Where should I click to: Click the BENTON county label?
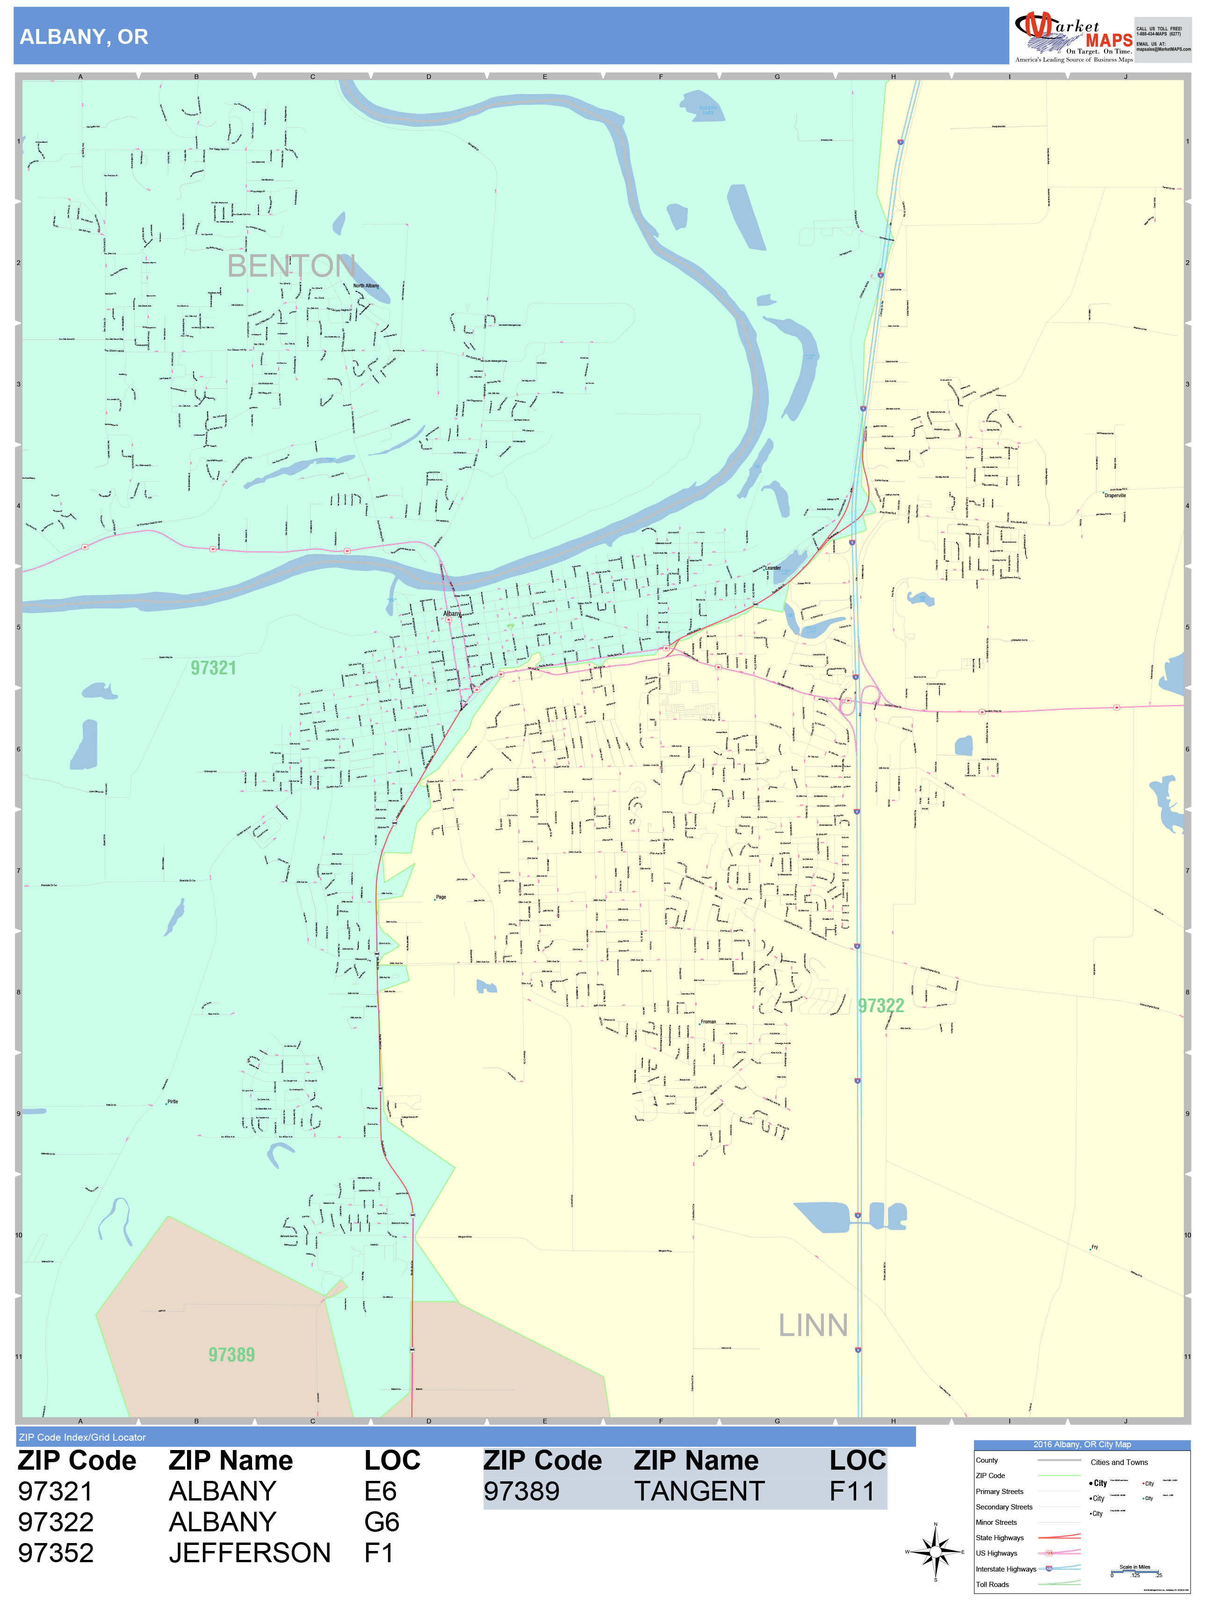291,266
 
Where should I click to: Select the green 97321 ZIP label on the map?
213,668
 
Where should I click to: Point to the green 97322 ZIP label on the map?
880,1005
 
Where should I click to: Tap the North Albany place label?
366,286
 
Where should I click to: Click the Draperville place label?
1115,496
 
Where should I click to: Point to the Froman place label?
708,1022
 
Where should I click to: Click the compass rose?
935,1551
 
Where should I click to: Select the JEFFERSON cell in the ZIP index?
249,1553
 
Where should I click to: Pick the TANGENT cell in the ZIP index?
699,1492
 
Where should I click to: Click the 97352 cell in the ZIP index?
56,1553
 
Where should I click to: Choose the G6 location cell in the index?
382,1522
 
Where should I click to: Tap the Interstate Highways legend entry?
1005,1569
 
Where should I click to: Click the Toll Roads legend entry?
992,1584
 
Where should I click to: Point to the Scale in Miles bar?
1134,1571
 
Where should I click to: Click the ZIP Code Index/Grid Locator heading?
83,1437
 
